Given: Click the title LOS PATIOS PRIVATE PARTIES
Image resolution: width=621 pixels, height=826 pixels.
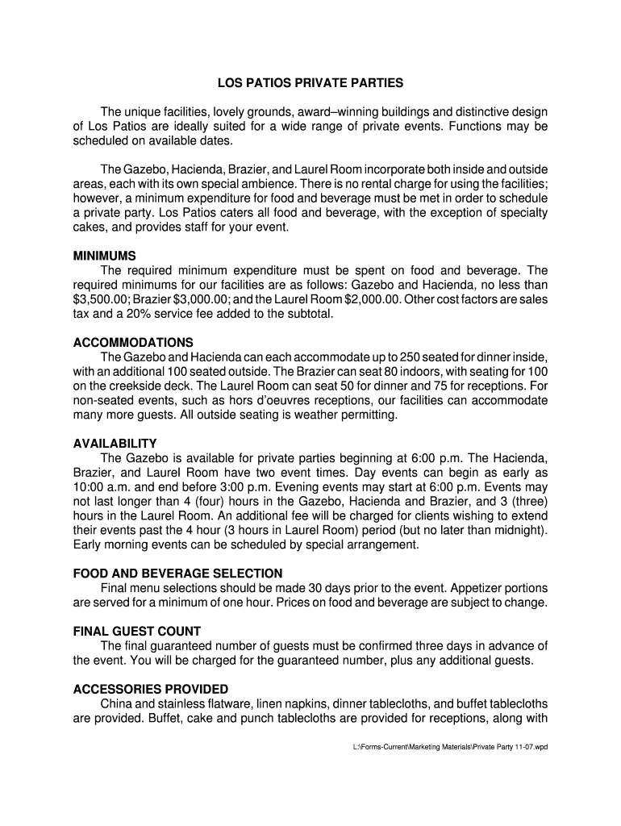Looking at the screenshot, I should tap(310, 83).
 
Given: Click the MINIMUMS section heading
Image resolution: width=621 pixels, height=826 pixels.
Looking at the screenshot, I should tap(105, 256).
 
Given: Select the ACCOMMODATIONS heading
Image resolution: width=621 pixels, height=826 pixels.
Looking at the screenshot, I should tap(133, 343).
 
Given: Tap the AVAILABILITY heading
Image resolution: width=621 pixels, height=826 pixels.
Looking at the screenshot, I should tap(115, 444).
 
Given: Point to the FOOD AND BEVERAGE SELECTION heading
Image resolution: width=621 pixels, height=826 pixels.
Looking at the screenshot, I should tap(177, 574).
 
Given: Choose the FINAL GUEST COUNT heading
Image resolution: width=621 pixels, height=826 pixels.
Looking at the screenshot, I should tap(136, 632).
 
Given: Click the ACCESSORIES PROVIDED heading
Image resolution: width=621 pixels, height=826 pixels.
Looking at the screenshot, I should tap(151, 690).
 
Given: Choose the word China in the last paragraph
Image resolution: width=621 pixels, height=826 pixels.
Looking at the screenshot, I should tap(116, 704).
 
